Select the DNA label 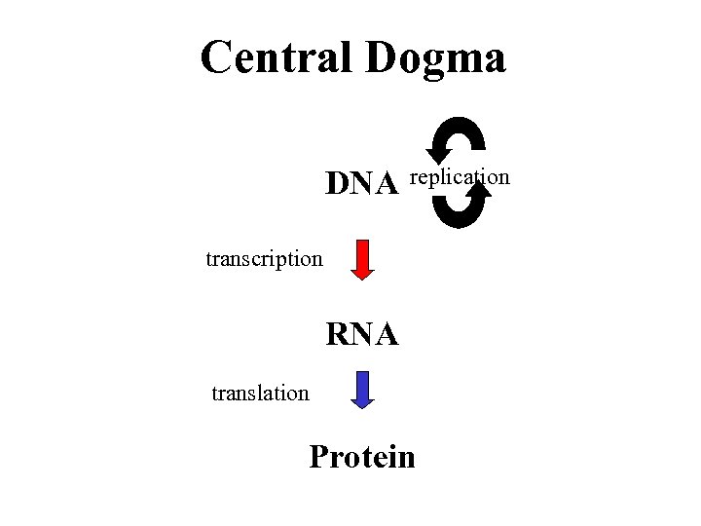click(x=361, y=183)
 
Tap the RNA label click(x=361, y=335)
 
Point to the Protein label click(x=361, y=457)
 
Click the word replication click(x=460, y=177)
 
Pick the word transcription click(x=264, y=260)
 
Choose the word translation click(x=260, y=394)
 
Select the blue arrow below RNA click(x=362, y=387)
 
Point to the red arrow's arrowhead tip click(x=362, y=280)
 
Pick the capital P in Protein click(x=320, y=456)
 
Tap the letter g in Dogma click(x=430, y=62)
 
